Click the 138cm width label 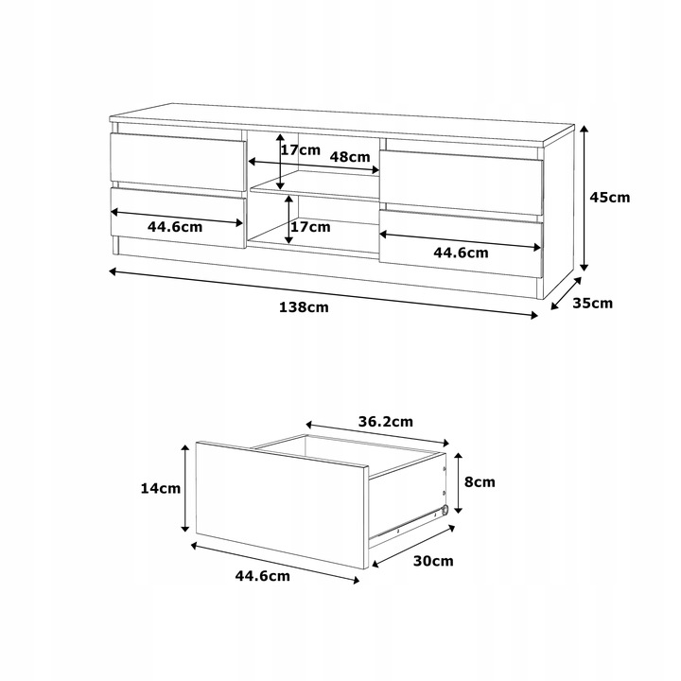pos(304,307)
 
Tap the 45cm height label pos(610,197)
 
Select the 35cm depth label pos(592,304)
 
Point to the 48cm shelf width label pos(350,156)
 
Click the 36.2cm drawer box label pos(386,422)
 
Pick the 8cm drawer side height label pos(480,482)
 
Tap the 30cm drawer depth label pos(433,561)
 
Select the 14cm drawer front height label pos(160,489)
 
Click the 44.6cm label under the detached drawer pos(262,576)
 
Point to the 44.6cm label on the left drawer pos(175,227)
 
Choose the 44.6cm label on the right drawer pos(461,253)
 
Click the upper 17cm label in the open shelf pos(301,150)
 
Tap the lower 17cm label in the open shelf pos(310,227)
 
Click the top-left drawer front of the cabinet pos(178,161)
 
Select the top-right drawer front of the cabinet pos(462,183)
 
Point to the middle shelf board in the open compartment pos(315,186)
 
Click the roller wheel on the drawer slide pos(445,511)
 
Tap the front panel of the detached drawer pos(282,505)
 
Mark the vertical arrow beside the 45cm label pos(585,198)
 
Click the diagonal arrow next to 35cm pos(566,294)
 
